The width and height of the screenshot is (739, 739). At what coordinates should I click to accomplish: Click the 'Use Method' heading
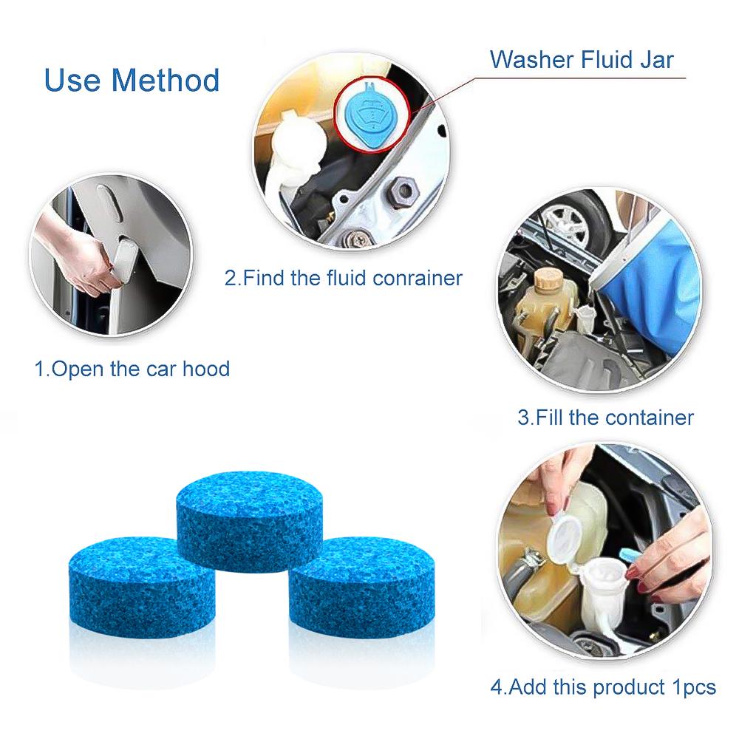pos(132,80)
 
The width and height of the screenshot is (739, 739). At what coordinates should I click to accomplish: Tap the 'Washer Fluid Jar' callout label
pos(582,59)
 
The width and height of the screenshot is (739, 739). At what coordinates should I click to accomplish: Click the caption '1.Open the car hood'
pos(132,369)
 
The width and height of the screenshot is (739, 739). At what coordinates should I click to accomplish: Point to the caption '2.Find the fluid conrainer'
pos(343,278)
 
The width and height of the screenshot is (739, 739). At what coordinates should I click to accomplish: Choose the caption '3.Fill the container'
pos(605,418)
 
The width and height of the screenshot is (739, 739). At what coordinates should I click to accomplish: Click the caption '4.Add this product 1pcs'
pos(603,687)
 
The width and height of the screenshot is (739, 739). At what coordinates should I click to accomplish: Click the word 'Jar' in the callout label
pos(655,59)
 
